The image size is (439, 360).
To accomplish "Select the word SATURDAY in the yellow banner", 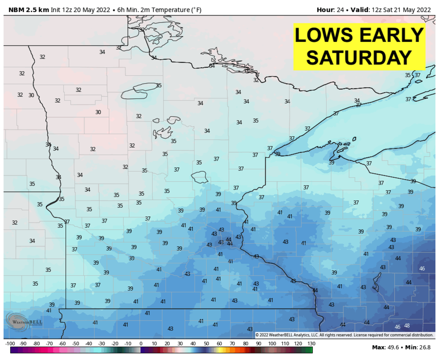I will coord(359,57).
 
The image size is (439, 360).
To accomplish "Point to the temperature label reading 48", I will coord(407,326).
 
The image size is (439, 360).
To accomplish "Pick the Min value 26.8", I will coord(424,347).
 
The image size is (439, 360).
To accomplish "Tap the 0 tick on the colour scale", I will coord(141,344).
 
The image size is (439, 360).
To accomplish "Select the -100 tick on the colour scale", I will coord(10,344).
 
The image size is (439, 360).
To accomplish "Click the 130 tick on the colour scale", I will coord(311,344).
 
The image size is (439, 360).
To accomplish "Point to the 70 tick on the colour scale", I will coord(233,344).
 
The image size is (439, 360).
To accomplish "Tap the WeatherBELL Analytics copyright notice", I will coord(344,335).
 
